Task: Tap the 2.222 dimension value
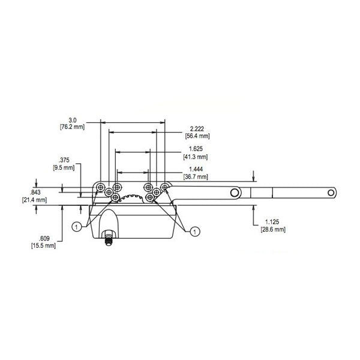tap(196, 129)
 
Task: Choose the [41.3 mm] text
tap(196, 157)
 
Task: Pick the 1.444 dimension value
tap(195, 170)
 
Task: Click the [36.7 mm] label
tap(196, 177)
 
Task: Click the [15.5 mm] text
tap(43, 246)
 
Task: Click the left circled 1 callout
tap(77, 226)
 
